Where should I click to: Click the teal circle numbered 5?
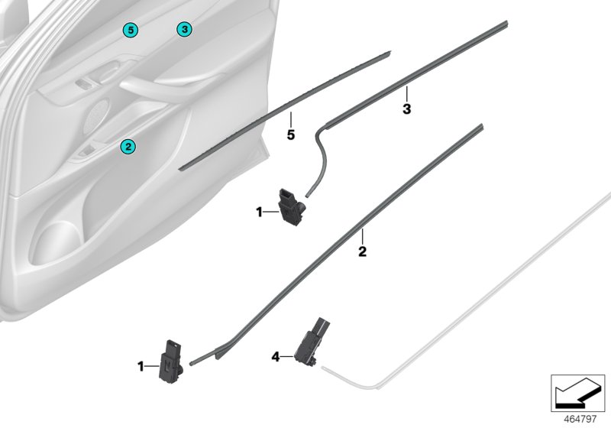point(131,30)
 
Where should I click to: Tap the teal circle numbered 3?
point(184,29)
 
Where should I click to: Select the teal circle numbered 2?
point(128,147)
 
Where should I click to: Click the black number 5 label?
point(291,135)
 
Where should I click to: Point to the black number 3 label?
point(406,109)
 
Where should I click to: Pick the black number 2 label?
point(362,251)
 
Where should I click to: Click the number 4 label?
point(276,357)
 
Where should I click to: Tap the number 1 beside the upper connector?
point(259,212)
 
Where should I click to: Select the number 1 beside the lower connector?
point(141,366)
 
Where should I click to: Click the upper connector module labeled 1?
point(290,207)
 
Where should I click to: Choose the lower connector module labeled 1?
point(171,362)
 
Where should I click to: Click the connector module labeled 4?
point(312,342)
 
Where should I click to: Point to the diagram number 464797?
point(580,419)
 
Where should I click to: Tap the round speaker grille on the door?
point(96,116)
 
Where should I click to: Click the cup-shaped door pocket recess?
point(54,242)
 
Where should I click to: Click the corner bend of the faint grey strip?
point(376,387)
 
